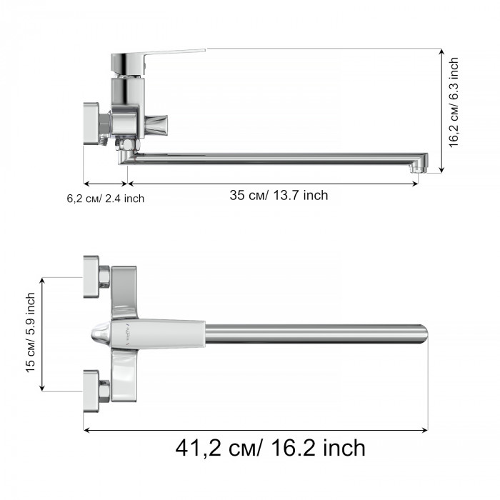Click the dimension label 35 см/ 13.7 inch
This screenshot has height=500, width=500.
[x=279, y=195]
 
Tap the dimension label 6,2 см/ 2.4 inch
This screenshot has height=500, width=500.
[x=106, y=199]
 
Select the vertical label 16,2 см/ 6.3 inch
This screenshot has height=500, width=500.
[x=454, y=102]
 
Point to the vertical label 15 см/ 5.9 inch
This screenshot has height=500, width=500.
[x=30, y=333]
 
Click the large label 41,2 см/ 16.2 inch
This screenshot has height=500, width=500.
[x=271, y=448]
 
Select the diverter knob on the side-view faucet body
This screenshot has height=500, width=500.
[x=156, y=125]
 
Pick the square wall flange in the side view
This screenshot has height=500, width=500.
[x=91, y=124]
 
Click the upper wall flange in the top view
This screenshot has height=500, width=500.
[x=91, y=277]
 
